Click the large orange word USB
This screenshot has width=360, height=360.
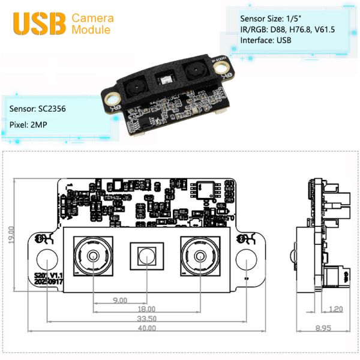point(38,23)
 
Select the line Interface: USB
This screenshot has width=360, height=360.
point(264,41)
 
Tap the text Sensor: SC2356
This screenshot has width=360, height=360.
point(38,110)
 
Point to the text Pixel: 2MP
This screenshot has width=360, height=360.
point(29,127)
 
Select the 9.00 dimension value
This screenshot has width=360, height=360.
point(120,300)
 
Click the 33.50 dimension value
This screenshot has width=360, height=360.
point(146,319)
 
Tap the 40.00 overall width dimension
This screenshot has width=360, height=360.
point(146,328)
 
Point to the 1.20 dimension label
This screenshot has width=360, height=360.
point(336,310)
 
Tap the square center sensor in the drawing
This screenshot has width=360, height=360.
point(147,257)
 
